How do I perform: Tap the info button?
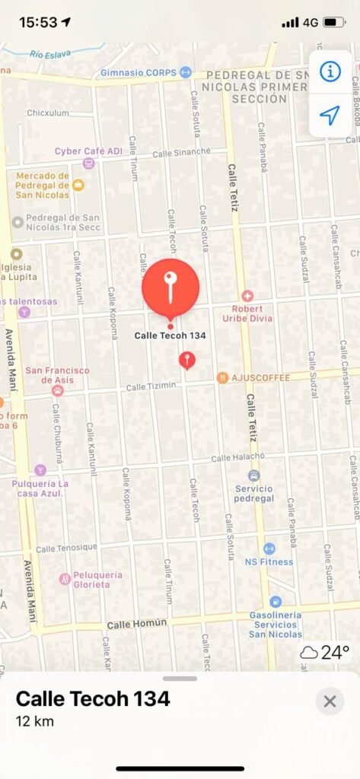tap(330, 72)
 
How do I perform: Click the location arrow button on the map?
tap(330, 116)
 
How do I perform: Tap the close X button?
tap(330, 701)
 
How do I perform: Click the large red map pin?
tap(170, 288)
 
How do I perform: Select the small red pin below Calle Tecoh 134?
tap(187, 360)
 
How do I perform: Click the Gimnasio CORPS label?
tap(139, 73)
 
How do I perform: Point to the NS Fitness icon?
tap(269, 548)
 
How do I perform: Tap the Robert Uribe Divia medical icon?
tap(247, 296)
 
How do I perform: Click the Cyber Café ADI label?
tap(88, 151)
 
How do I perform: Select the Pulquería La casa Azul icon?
tap(40, 470)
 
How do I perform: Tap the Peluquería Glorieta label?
tap(90, 580)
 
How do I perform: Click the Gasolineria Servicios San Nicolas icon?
tap(276, 602)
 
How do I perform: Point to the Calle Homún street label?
tap(136, 624)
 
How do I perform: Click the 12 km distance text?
tap(35, 721)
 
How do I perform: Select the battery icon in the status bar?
tap(333, 22)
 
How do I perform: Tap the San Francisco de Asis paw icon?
tap(58, 390)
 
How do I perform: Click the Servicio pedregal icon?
tap(254, 475)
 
